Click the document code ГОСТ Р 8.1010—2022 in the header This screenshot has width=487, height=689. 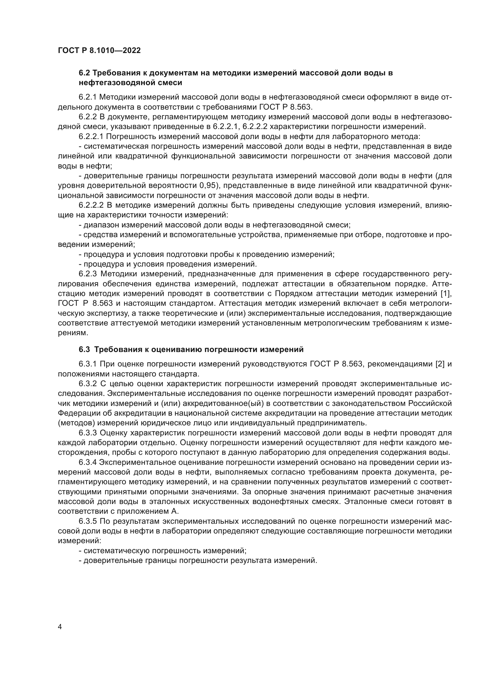(x=99, y=50)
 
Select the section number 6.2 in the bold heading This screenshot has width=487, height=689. (x=84, y=73)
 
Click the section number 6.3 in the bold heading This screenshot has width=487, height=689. (x=84, y=349)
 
